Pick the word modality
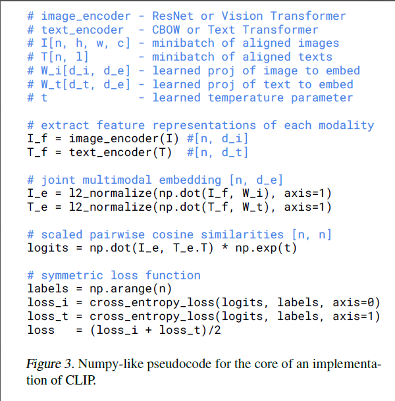point(346,125)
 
